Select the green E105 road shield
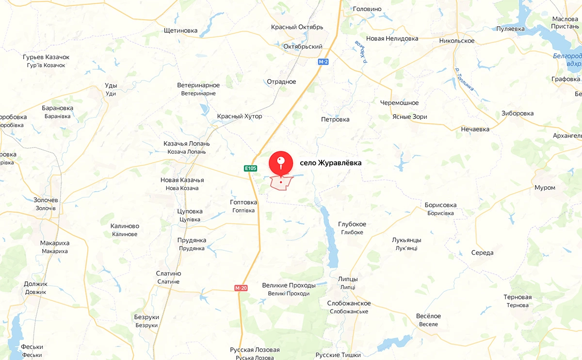[x=250, y=168]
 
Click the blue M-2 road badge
[x=323, y=62]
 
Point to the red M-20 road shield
[x=241, y=288]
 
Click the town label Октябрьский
[x=303, y=47]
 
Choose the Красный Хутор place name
[x=240, y=116]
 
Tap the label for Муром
[x=545, y=188]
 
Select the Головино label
[x=367, y=9]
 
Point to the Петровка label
[x=335, y=119]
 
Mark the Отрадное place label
[x=281, y=82]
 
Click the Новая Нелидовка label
[x=392, y=39]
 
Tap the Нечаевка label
[x=475, y=130]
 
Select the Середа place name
[x=482, y=253]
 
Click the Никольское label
[x=457, y=41]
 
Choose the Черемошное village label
[x=399, y=103]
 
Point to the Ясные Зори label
[x=410, y=117]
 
